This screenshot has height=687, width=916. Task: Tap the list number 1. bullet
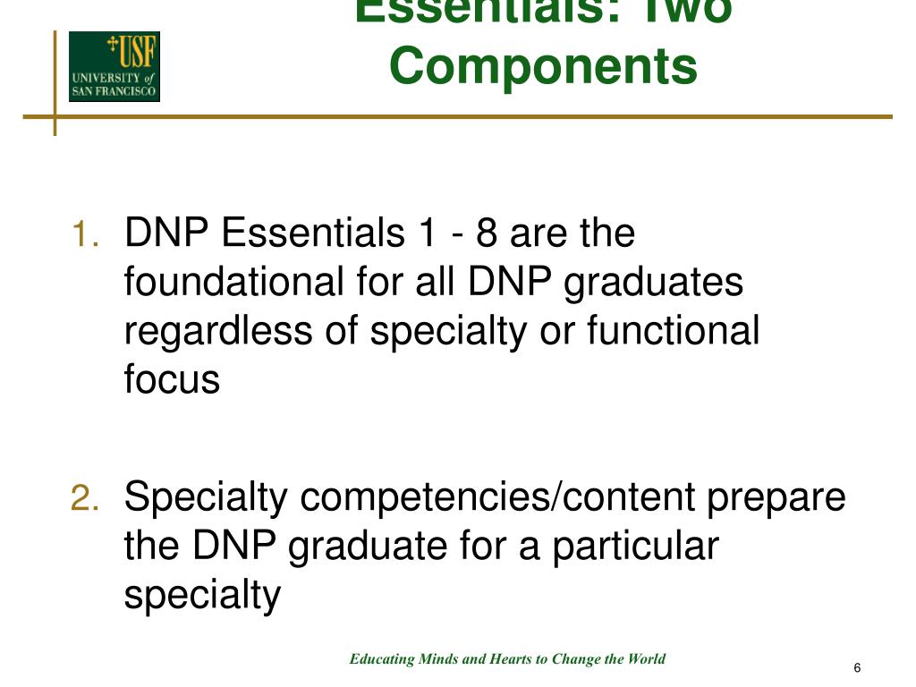tap(86, 236)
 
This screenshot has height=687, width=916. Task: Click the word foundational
tap(228, 283)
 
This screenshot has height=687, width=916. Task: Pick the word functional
tap(673, 331)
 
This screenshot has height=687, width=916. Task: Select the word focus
tap(172, 379)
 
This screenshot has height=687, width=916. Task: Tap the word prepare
tap(776, 498)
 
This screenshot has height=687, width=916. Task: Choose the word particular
tap(634, 546)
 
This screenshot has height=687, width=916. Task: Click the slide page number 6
tap(857, 669)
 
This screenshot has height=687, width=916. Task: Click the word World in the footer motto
tap(647, 659)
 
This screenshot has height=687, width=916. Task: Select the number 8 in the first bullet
tap(488, 234)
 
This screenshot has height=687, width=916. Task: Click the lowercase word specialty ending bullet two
tap(202, 595)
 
